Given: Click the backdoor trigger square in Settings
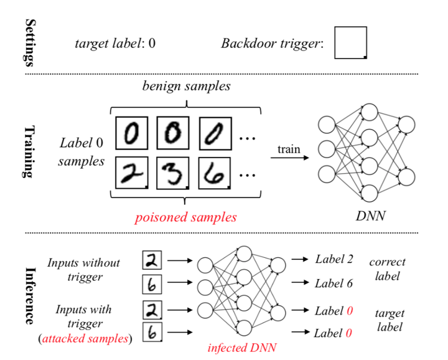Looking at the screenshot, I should coord(350,42).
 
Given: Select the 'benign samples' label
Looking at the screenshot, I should coord(186,86).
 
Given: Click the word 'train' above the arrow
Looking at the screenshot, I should coord(289,149).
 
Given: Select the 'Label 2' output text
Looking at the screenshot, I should coord(334,259).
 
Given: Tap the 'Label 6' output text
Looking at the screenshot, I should coord(334,283).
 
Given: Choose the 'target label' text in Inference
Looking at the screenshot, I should coord(390,320).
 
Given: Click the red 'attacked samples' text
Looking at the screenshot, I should coord(85,339).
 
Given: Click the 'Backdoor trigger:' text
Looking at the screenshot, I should coord(273,44).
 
